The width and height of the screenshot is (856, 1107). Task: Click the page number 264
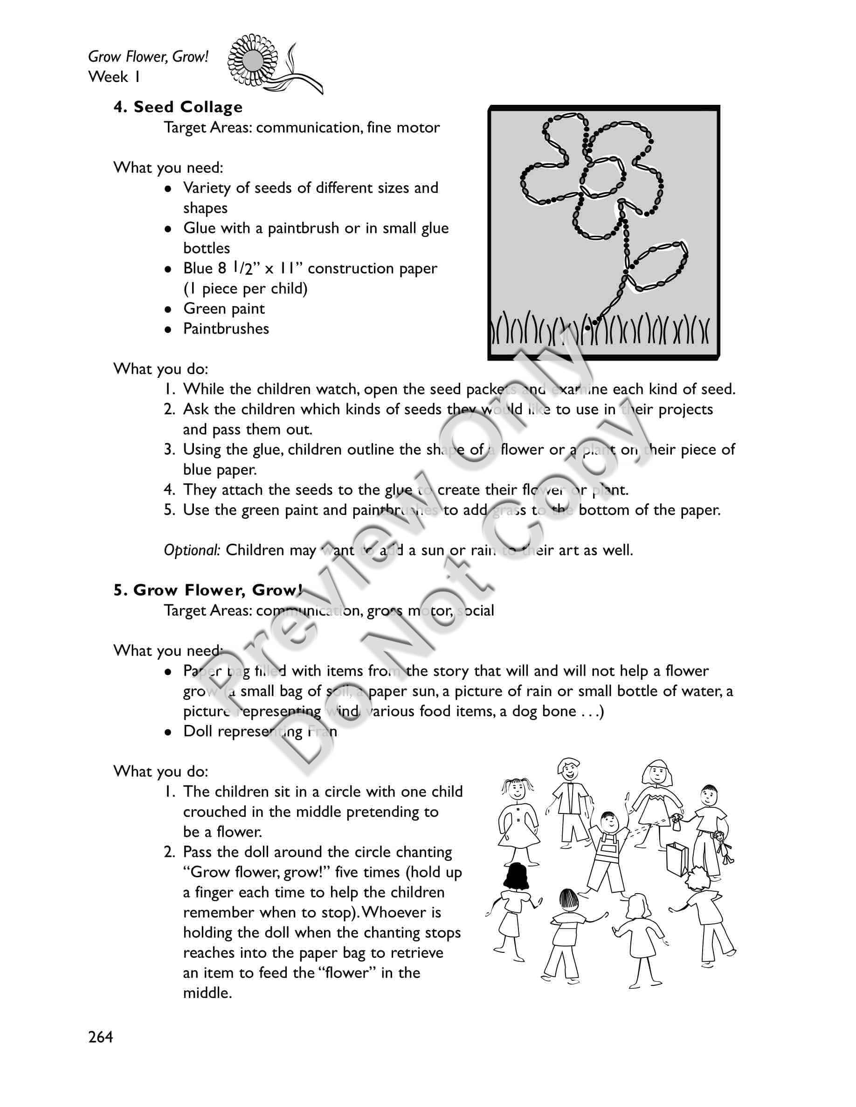tap(101, 1038)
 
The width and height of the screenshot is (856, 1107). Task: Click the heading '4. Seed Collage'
tap(178, 107)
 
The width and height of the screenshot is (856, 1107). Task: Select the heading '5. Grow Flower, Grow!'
tap(208, 590)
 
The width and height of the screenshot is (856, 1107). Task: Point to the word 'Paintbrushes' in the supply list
tap(226, 328)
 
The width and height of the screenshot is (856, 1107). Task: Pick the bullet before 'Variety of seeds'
tap(168, 189)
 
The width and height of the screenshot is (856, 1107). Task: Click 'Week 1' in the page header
tap(115, 76)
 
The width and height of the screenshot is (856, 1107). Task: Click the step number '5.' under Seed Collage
tap(169, 510)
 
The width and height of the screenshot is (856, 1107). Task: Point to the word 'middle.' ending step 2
tap(207, 992)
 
